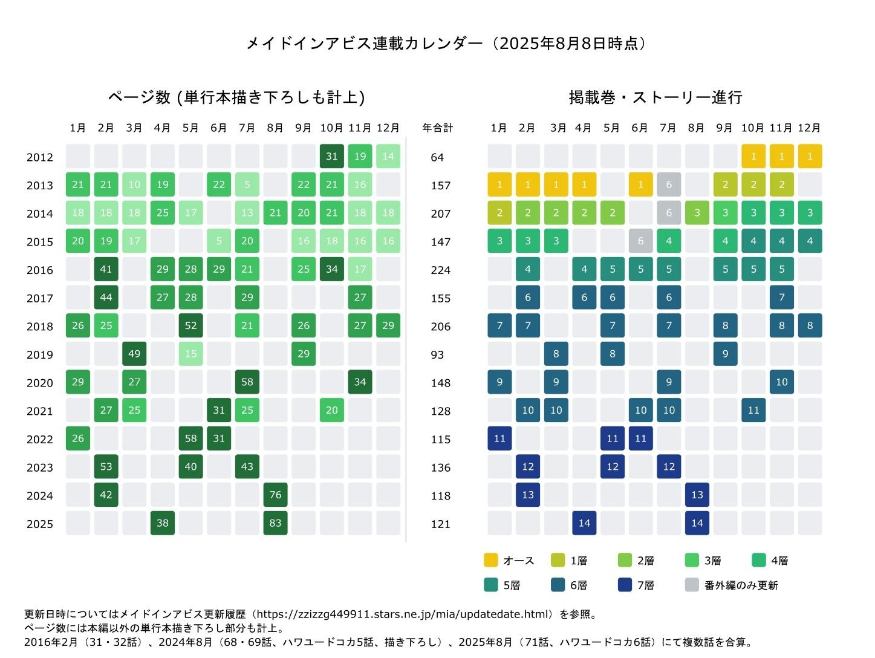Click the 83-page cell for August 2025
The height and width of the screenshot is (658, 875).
tap(275, 523)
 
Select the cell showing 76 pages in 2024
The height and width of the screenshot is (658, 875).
tap(275, 495)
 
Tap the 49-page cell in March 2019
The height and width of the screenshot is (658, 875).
tap(134, 354)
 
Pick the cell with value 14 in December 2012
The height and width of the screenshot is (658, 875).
tap(388, 156)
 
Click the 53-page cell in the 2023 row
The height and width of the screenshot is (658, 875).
tap(106, 466)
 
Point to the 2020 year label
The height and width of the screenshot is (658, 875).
tap(40, 383)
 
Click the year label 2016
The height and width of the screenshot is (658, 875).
tap(40, 270)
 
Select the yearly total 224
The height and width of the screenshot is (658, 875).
tap(441, 270)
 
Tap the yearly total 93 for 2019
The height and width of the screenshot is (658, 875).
tap(437, 354)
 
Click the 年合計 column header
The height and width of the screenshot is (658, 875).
tap(437, 128)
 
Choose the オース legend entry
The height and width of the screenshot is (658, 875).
tap(509, 561)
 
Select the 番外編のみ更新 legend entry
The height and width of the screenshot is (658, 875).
tap(732, 585)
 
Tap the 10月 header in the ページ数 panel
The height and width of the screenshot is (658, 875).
tap(331, 128)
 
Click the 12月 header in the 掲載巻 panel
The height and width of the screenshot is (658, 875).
tap(809, 128)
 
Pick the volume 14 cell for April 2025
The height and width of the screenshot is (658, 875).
tap(584, 523)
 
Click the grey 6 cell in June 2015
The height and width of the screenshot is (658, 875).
tap(640, 241)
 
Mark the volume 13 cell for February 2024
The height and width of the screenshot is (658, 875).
tap(528, 495)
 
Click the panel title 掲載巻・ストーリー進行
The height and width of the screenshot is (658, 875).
tap(655, 97)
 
